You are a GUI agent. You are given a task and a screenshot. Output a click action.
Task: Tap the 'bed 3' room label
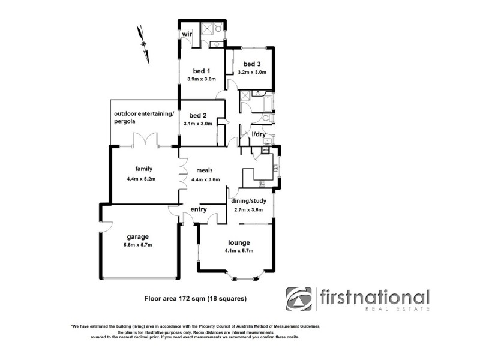(x=252, y=64)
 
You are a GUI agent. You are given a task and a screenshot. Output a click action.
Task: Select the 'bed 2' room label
(x=198, y=115)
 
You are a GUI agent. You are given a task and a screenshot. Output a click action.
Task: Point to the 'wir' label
(x=187, y=35)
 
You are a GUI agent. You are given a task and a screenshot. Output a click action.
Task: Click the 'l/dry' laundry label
(x=258, y=134)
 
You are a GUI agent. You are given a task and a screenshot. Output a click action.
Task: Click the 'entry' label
(x=199, y=209)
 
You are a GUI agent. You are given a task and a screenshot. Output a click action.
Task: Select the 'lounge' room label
(x=238, y=242)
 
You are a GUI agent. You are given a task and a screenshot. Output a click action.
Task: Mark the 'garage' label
(x=137, y=236)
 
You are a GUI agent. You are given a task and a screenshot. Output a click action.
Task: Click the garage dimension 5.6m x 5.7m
(x=137, y=245)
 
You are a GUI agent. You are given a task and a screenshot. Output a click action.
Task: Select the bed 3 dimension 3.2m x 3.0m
(x=252, y=72)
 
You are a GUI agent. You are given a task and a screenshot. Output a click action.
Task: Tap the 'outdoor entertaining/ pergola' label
(x=144, y=117)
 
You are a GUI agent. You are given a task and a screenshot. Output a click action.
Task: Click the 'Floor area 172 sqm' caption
(x=196, y=298)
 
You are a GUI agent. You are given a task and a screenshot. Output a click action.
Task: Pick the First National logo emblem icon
(x=299, y=299)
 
